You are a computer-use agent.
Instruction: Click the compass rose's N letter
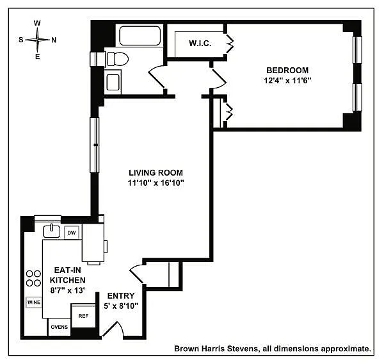54,40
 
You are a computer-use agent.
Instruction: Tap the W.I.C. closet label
200,44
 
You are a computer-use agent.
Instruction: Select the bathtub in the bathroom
140,36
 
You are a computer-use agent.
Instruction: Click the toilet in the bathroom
118,59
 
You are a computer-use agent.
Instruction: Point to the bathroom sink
113,82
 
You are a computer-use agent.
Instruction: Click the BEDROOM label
287,70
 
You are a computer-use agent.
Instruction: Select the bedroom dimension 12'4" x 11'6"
287,81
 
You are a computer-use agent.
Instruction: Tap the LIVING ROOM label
156,172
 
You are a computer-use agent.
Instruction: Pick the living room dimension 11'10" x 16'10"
156,183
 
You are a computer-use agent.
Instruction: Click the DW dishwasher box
72,233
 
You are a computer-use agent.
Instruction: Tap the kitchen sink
51,231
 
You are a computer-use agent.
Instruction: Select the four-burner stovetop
33,278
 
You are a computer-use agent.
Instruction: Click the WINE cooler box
34,302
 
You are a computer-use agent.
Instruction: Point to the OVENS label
60,327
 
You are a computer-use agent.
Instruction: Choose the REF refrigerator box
83,316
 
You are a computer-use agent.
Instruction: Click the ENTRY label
121,296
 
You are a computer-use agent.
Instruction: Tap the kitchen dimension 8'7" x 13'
68,290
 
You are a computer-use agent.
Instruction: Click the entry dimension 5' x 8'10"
121,306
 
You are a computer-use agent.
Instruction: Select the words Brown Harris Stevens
216,349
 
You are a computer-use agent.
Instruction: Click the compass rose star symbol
37,40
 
